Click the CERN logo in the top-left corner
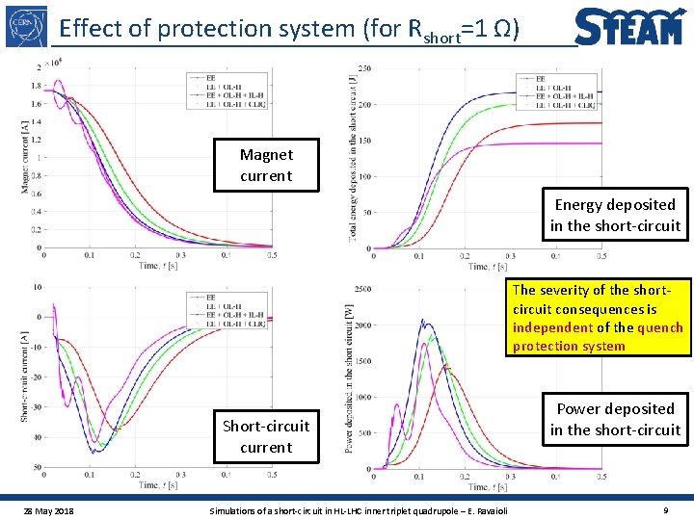tap(26, 27)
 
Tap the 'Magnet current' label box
tap(266, 165)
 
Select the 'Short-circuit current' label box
tap(266, 436)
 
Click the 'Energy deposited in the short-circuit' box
tap(615, 215)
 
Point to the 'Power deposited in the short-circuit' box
tap(615, 419)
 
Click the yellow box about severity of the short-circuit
tap(598, 318)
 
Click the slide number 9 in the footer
tap(666, 508)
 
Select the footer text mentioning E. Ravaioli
tap(359, 508)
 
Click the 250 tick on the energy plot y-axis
tap(364, 66)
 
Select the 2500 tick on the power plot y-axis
tap(362, 288)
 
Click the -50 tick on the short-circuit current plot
tap(36, 467)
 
